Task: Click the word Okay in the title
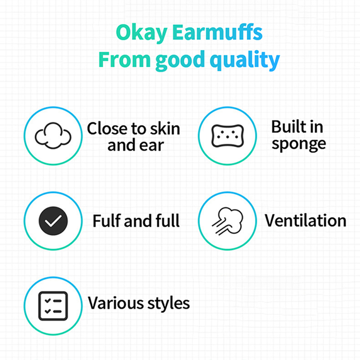[142, 33]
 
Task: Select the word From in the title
[124, 59]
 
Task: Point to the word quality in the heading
[245, 60]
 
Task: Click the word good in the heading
[180, 60]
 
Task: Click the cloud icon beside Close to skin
[53, 136]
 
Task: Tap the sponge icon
[227, 136]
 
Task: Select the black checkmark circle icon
[53, 221]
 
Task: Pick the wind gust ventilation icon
[227, 221]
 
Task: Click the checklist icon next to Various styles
[53, 306]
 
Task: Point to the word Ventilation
[305, 221]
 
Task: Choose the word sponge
[299, 144]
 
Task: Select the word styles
[169, 304]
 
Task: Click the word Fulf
[107, 221]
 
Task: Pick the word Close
[107, 129]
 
